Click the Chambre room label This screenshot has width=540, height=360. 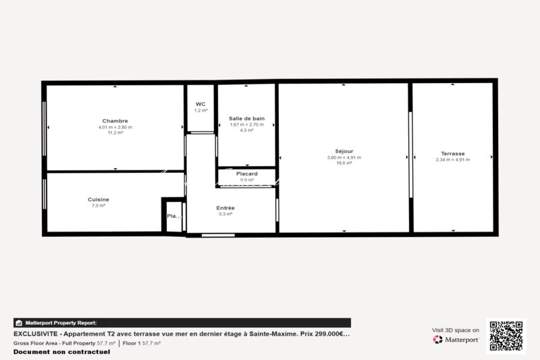pos(115,121)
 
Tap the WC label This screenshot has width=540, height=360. pos(200,104)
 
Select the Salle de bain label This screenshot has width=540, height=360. pos(246,118)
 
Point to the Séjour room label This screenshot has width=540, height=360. pos(344,151)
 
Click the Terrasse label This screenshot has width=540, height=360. pos(452,153)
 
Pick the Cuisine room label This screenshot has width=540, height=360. pos(99,199)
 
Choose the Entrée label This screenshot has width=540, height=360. pos(225,207)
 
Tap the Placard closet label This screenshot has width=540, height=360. pos(246,174)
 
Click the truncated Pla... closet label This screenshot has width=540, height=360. pos(173,216)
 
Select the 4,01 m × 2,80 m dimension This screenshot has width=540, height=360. pos(115,127)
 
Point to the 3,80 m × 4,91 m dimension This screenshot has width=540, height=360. pos(344,157)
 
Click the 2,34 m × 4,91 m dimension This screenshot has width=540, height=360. pos(452,159)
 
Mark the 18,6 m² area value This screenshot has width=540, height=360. pos(344,163)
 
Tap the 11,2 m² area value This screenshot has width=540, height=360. pos(115,132)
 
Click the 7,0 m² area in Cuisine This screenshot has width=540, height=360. pos(99,205)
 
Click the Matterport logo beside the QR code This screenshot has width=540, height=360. pos(456,339)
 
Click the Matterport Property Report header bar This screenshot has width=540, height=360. pos(182,323)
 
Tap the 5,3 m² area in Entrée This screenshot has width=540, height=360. pos(225,213)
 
